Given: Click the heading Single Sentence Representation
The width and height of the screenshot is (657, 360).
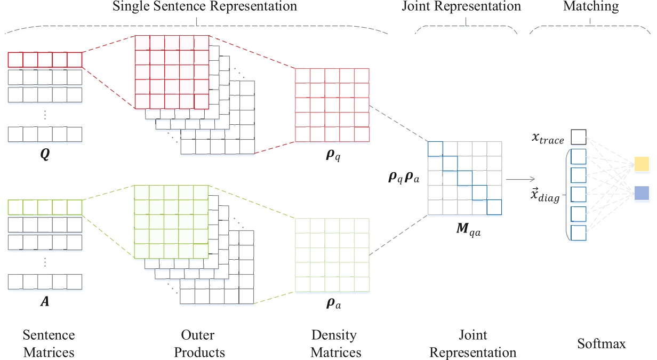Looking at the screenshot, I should tap(197, 7).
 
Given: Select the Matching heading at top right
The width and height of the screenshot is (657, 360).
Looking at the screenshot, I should tap(590, 7).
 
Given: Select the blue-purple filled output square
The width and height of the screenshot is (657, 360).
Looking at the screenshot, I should tap(642, 193).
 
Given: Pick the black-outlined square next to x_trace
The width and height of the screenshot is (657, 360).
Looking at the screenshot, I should tap(579, 138).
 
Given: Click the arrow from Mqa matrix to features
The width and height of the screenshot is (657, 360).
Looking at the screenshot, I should tap(520, 180).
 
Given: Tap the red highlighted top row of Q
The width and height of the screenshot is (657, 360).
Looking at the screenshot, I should tap(45, 59).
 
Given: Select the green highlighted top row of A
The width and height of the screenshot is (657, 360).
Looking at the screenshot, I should tap(45, 207).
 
